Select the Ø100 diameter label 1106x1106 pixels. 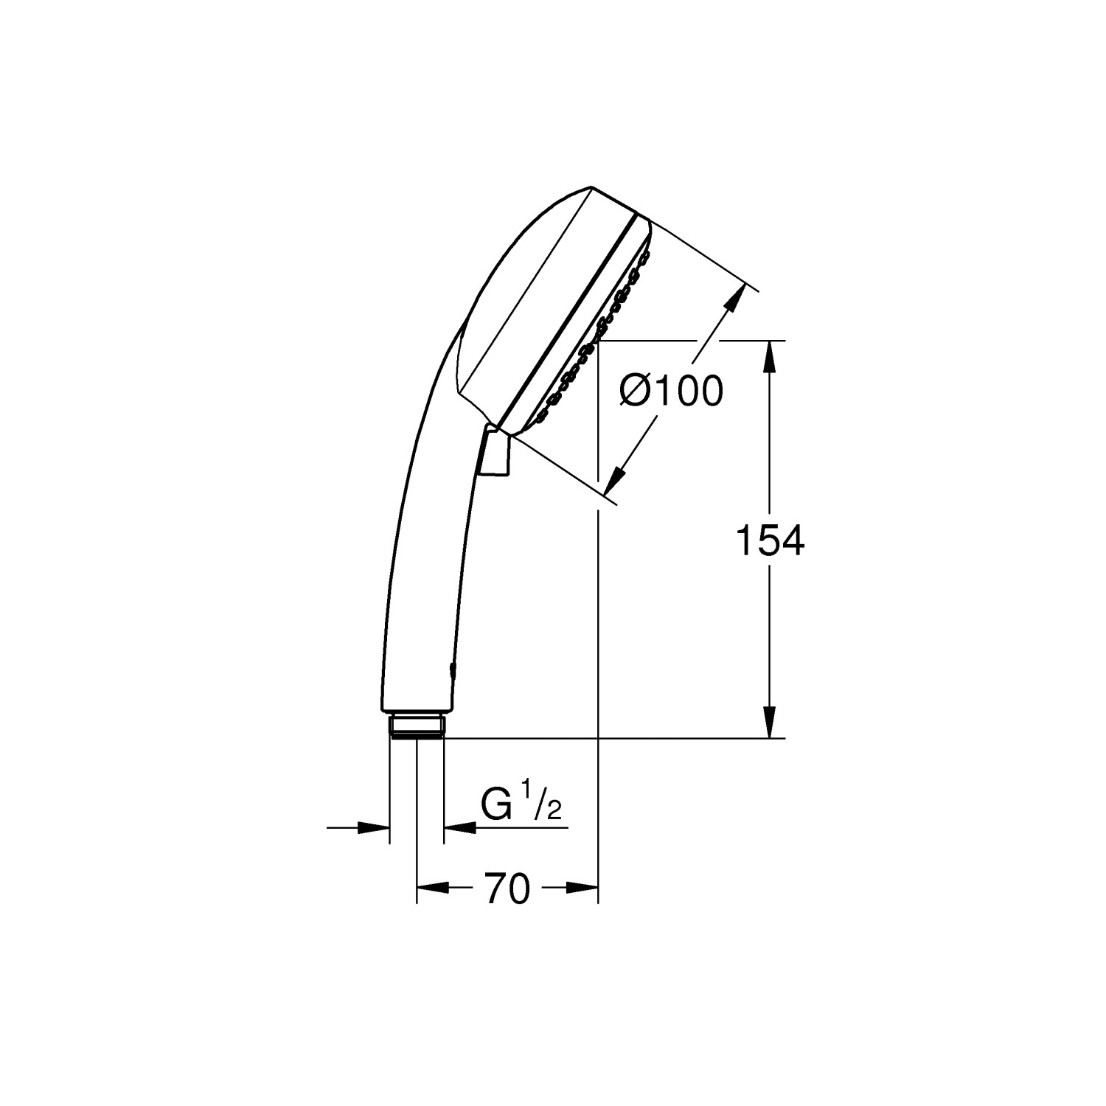[671, 391]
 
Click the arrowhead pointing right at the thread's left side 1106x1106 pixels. [373, 828]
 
